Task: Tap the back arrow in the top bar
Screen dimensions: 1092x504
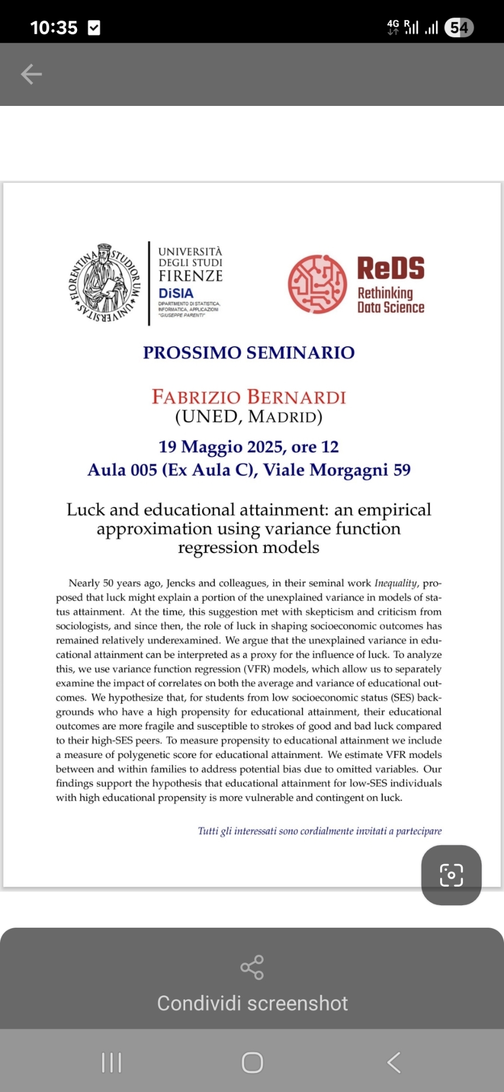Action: [x=31, y=74]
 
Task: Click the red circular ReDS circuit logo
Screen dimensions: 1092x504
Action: [x=317, y=284]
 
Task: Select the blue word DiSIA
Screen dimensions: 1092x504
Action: [x=176, y=293]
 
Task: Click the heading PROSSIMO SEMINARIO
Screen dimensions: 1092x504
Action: [x=248, y=353]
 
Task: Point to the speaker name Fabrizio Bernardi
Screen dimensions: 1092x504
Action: [x=248, y=397]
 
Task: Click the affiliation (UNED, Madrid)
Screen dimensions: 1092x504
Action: [x=248, y=417]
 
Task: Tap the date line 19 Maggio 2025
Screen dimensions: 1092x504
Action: [x=248, y=447]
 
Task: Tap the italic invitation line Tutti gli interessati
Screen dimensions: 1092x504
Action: [x=319, y=831]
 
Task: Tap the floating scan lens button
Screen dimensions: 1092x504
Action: [x=451, y=875]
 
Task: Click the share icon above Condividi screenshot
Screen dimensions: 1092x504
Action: [x=252, y=968]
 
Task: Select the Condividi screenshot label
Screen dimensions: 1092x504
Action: [x=252, y=1004]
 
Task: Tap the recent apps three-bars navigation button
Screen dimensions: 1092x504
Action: [x=111, y=1063]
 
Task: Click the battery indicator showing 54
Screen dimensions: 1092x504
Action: [x=459, y=27]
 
